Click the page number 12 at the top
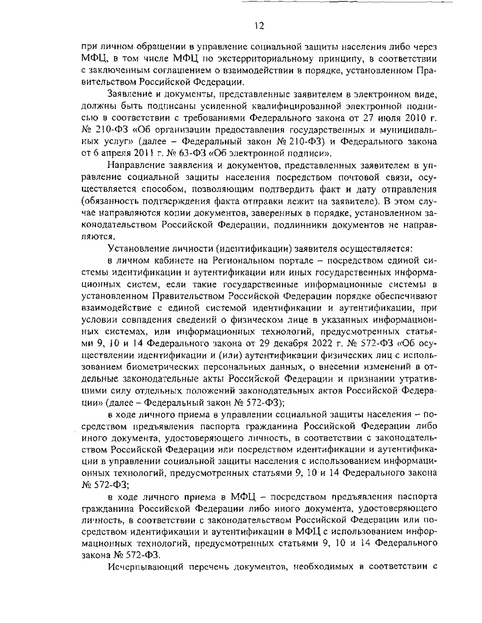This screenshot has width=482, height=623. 259,26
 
